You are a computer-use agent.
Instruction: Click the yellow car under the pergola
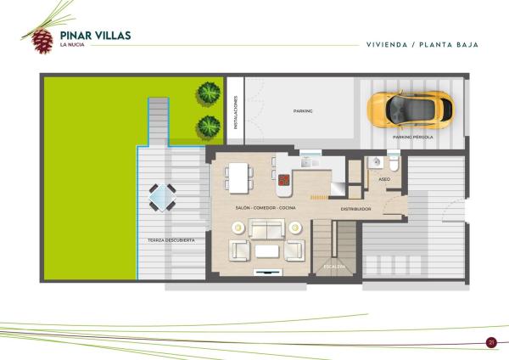411,110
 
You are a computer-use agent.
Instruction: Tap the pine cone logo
42,42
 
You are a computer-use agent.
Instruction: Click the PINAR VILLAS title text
95,36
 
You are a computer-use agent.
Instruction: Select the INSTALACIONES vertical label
236,112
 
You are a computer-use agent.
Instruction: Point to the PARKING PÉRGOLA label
413,137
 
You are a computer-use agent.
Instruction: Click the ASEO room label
384,179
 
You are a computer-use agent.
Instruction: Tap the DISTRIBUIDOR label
355,209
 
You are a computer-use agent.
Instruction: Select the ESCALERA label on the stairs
334,267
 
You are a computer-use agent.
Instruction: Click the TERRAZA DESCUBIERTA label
171,240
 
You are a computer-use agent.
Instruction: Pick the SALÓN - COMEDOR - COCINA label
266,208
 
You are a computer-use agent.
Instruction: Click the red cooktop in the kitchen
284,180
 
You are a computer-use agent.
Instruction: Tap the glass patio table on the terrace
162,197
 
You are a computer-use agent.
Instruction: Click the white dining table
238,178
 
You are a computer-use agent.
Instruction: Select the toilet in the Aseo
394,163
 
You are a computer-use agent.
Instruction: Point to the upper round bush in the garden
209,93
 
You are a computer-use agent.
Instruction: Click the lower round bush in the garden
209,127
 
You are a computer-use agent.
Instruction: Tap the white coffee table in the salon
267,251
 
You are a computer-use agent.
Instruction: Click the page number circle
491,342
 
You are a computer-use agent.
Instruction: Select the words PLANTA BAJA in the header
449,45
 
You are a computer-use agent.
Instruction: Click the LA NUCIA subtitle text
72,45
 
